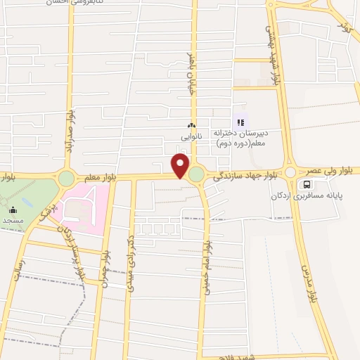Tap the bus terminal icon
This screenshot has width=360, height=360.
(x=306, y=185)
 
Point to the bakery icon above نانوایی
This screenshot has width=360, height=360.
(x=191, y=126)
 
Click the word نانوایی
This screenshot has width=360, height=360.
(x=191, y=136)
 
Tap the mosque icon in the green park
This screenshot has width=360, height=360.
(x=13, y=210)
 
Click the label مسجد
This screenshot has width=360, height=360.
(x=13, y=220)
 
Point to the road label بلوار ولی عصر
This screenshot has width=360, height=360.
(x=330, y=171)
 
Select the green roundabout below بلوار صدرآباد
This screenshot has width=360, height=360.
(x=66, y=179)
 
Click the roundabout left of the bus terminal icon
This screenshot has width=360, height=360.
(x=290, y=172)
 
